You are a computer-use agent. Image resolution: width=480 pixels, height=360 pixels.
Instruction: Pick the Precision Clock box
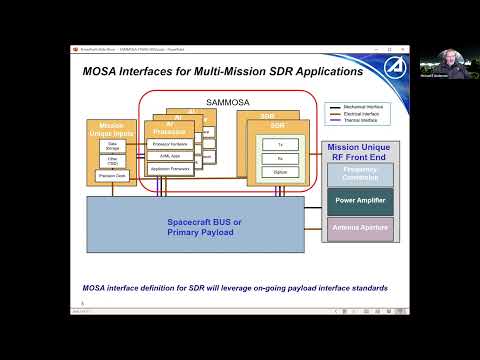112,175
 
